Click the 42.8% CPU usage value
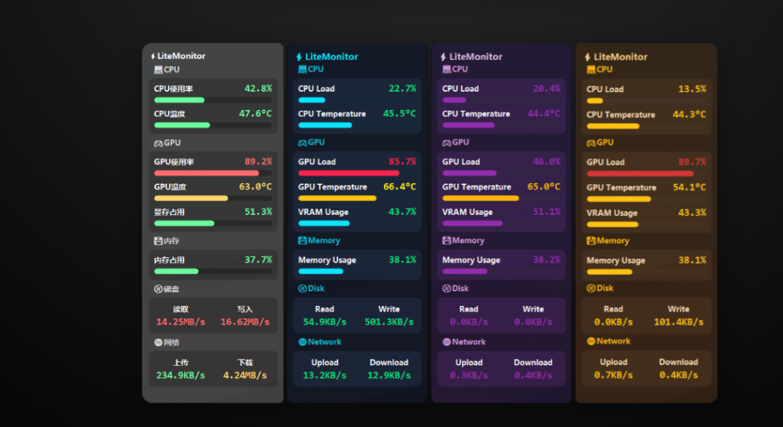pos(258,89)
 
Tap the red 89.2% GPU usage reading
pos(258,161)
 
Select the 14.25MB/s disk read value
pos(180,321)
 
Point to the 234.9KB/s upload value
pos(180,375)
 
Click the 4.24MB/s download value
pos(245,375)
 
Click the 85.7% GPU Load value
pos(402,161)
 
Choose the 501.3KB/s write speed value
pos(389,321)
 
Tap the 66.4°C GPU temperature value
pos(399,187)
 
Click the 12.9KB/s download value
pos(389,375)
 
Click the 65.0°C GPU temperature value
pos(544,187)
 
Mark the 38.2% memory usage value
pos(547,260)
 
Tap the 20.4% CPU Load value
pos(547,89)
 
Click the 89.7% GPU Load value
pos(692,162)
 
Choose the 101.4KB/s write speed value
pos(678,322)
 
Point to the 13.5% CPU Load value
pos(692,89)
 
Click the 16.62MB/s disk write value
pos(245,321)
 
